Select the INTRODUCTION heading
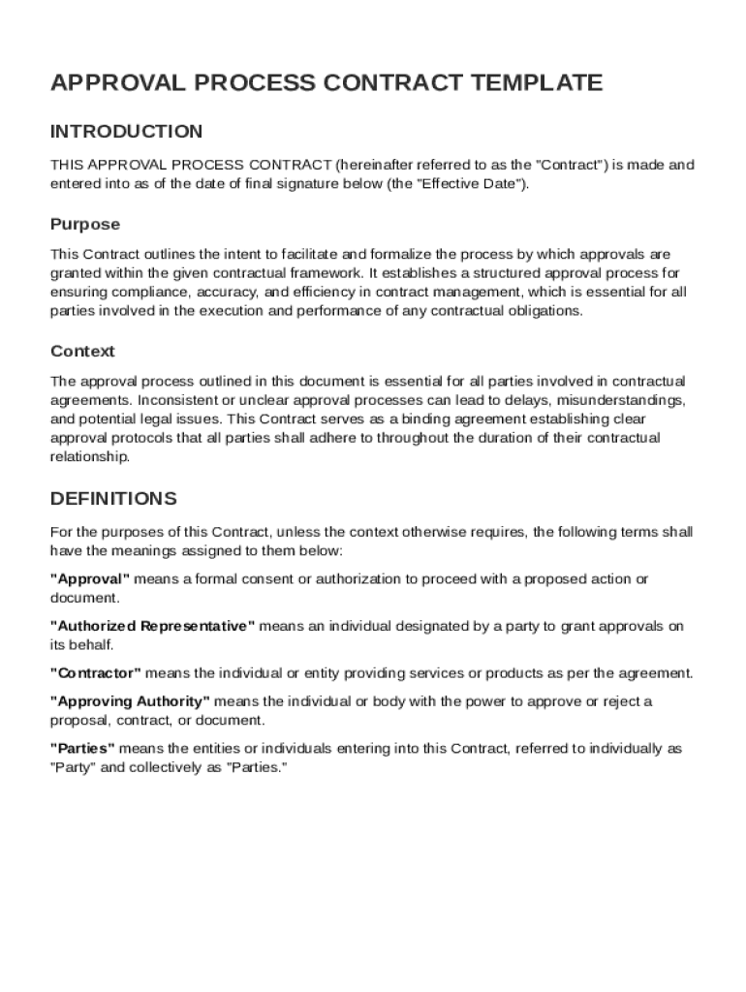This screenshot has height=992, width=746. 126,132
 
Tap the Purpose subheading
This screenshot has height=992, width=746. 85,225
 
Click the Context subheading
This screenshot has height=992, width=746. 82,352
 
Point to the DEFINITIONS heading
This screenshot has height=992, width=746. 113,499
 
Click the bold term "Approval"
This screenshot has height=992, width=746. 90,579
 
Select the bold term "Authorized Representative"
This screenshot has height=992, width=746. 153,627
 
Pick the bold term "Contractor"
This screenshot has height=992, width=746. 96,673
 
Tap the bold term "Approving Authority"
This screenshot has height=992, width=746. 130,701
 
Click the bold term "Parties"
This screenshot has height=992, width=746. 83,749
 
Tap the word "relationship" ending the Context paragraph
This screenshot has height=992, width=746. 88,456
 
